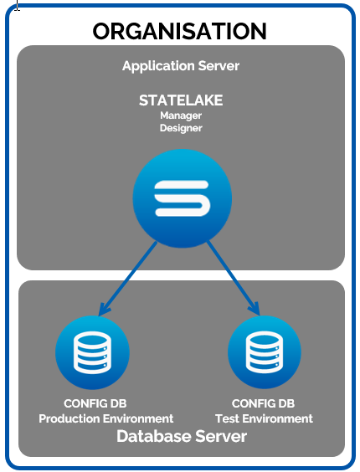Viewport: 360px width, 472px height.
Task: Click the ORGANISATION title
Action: pyautogui.click(x=179, y=31)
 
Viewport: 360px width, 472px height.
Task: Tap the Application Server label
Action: pyautogui.click(x=181, y=66)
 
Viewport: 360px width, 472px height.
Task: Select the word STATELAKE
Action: pyautogui.click(x=181, y=100)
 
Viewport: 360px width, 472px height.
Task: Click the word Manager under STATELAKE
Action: pyautogui.click(x=181, y=115)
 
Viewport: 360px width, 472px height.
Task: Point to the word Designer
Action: pyautogui.click(x=181, y=128)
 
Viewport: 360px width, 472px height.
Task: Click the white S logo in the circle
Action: pyautogui.click(x=182, y=198)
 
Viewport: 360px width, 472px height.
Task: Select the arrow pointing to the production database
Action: pyautogui.click(x=127, y=279)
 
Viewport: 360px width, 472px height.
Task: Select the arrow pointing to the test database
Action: pyautogui.click(x=234, y=278)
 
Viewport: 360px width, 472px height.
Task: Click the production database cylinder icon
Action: pyautogui.click(x=92, y=352)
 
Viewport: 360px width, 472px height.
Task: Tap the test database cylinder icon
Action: pyautogui.click(x=265, y=352)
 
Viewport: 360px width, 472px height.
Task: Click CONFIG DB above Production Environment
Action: pyautogui.click(x=95, y=403)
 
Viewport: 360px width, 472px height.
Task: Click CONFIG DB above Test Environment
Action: pyautogui.click(x=263, y=403)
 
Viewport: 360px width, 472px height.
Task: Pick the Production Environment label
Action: pyautogui.click(x=106, y=418)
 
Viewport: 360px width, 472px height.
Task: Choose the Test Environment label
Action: pyautogui.click(x=265, y=418)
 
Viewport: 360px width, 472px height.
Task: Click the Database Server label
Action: pyautogui.click(x=182, y=436)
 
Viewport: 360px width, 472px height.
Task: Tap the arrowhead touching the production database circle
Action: pyautogui.click(x=103, y=309)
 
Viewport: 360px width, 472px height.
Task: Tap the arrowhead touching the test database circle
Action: pyautogui.click(x=255, y=309)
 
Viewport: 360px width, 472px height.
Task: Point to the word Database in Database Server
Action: pyautogui.click(x=154, y=436)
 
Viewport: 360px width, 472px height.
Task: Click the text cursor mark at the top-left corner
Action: pyautogui.click(x=18, y=5)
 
